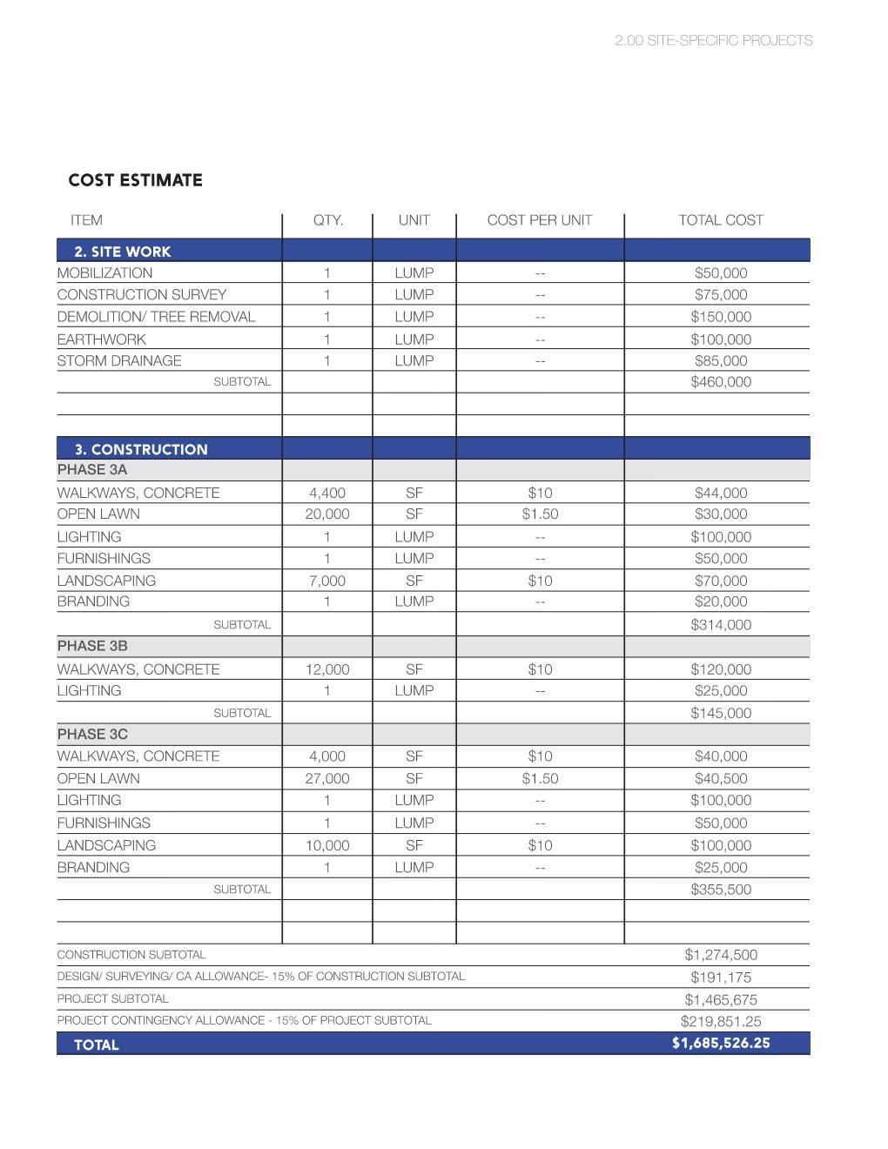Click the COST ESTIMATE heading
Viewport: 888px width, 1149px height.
[x=135, y=180]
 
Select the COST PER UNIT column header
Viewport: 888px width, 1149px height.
[x=539, y=220]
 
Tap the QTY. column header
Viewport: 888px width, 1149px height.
[x=327, y=220]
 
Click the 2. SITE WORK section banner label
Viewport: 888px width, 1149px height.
[x=122, y=252]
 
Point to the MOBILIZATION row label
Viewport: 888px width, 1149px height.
[x=104, y=272]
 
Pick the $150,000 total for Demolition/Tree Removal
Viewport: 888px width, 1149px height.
[x=720, y=317]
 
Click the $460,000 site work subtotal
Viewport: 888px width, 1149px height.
[x=720, y=381]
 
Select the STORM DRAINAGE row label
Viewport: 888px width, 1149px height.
[x=119, y=360]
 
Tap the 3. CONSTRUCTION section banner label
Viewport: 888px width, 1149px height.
[x=140, y=449]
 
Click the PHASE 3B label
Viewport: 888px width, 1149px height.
[x=92, y=646]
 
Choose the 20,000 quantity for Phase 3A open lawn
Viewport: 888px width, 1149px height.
[x=326, y=514]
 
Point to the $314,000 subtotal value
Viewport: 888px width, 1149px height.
[x=720, y=624]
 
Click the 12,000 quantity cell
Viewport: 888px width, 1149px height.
[x=326, y=669]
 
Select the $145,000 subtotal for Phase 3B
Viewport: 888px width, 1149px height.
[x=720, y=713]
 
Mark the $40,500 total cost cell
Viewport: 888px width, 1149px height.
[x=720, y=778]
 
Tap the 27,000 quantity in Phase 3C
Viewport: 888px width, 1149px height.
[x=326, y=778]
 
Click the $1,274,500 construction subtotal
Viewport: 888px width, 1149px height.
[x=720, y=955]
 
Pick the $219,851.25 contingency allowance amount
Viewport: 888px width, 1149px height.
[x=720, y=1021]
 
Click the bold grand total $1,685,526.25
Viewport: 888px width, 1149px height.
[x=720, y=1043]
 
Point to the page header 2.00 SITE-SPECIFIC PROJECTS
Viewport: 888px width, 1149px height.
[x=713, y=41]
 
